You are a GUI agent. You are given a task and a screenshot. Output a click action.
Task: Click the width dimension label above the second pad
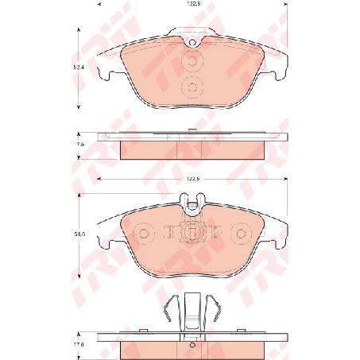(x=188, y=181)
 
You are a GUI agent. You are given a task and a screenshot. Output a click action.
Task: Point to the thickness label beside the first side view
(x=79, y=145)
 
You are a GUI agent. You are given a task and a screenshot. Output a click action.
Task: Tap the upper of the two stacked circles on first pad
(x=191, y=64)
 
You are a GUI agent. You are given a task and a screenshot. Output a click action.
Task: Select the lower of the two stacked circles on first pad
(x=191, y=87)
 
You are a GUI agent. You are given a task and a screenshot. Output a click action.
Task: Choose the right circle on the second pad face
(x=239, y=234)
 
